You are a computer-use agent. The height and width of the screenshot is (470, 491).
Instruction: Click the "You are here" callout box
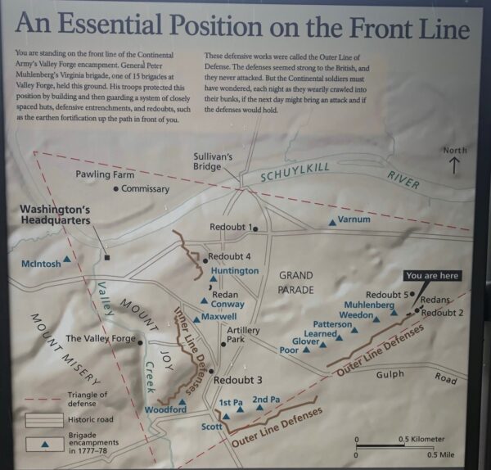click(x=432, y=275)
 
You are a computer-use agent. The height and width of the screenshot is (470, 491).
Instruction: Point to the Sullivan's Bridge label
click(x=214, y=160)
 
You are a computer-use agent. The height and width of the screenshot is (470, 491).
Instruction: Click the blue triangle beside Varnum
click(x=331, y=222)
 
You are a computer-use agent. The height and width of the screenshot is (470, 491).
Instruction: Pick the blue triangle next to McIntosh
click(x=67, y=258)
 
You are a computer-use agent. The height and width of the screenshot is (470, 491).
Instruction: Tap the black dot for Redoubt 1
click(x=255, y=228)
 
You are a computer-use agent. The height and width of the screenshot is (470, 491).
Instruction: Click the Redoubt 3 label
click(x=238, y=380)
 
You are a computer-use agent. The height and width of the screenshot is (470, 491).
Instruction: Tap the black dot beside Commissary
click(x=115, y=189)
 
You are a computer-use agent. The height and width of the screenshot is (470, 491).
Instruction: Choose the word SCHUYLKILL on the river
click(x=299, y=174)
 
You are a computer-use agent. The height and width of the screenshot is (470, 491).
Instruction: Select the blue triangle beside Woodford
click(x=182, y=401)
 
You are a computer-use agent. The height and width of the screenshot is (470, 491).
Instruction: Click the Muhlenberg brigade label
click(x=370, y=305)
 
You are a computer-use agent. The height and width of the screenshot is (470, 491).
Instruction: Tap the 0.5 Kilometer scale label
click(x=421, y=440)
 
